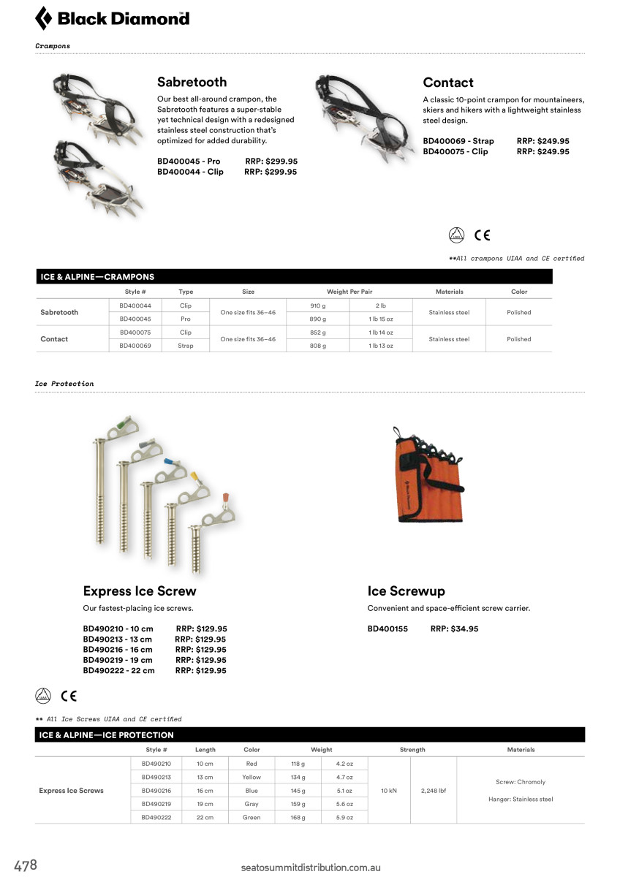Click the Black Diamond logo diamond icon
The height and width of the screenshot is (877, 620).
pyautogui.click(x=44, y=18)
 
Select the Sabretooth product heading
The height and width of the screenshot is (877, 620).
pyautogui.click(x=192, y=82)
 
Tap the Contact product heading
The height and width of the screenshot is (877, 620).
pyautogui.click(x=448, y=83)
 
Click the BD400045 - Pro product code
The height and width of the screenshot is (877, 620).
pyautogui.click(x=189, y=162)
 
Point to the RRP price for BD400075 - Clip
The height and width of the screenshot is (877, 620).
pyautogui.click(x=542, y=151)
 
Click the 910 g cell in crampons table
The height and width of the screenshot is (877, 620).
pyautogui.click(x=318, y=305)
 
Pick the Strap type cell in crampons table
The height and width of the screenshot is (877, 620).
pyautogui.click(x=186, y=346)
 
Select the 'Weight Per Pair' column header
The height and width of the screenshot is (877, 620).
pyautogui.click(x=349, y=292)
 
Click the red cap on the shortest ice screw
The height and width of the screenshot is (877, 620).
pyautogui.click(x=226, y=498)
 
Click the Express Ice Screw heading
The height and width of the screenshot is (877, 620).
pyautogui.click(x=140, y=591)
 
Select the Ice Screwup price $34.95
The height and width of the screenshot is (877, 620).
pyautogui.click(x=454, y=629)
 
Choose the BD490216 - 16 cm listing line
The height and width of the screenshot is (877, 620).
pyautogui.click(x=118, y=650)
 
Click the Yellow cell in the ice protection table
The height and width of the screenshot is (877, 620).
pyautogui.click(x=252, y=777)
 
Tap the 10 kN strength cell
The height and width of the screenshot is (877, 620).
pyautogui.click(x=390, y=791)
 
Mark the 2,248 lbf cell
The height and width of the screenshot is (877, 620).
pyautogui.click(x=434, y=791)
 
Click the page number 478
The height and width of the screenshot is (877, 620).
pyautogui.click(x=25, y=866)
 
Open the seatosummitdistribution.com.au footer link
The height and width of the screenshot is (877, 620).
pyautogui.click(x=311, y=867)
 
